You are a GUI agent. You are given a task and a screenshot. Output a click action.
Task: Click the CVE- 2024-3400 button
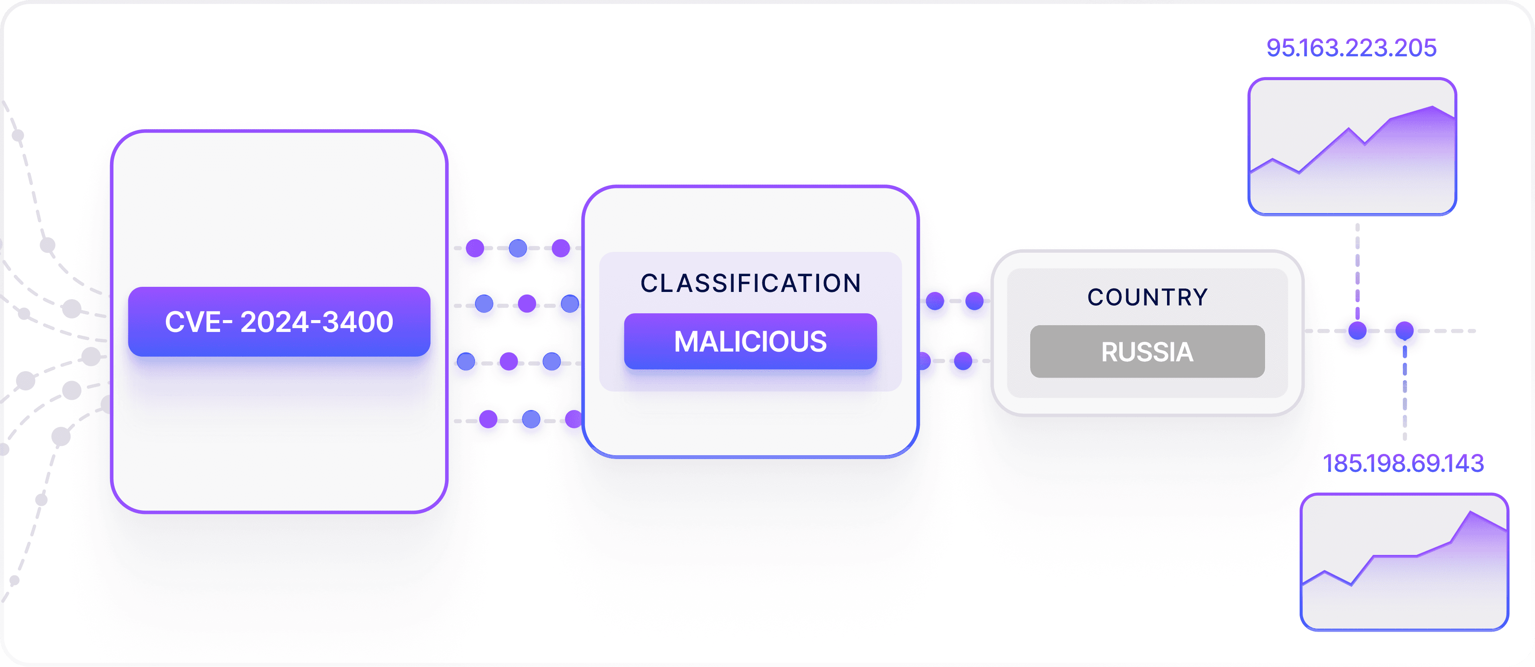pos(279,322)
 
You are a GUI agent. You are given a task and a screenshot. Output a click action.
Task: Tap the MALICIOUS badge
pos(750,341)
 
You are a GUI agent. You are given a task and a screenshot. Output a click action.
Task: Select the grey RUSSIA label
pos(1147,351)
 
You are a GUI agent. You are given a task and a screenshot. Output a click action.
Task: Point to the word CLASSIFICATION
pos(750,283)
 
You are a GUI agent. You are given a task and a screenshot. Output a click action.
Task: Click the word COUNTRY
pos(1147,297)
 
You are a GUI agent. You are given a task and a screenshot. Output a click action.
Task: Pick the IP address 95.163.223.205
pos(1351,48)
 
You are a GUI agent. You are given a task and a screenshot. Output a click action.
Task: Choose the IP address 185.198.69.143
pos(1403,463)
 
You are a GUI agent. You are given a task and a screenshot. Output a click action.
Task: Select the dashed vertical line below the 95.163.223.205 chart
pos(1358,268)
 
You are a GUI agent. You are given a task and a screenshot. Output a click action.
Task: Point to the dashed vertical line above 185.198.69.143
pos(1405,393)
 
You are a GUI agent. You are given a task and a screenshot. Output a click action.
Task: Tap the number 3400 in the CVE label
pos(358,322)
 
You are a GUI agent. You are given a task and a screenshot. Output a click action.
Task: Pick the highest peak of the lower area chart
pos(1471,512)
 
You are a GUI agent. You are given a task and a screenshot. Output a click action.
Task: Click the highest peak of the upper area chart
pos(1433,107)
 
